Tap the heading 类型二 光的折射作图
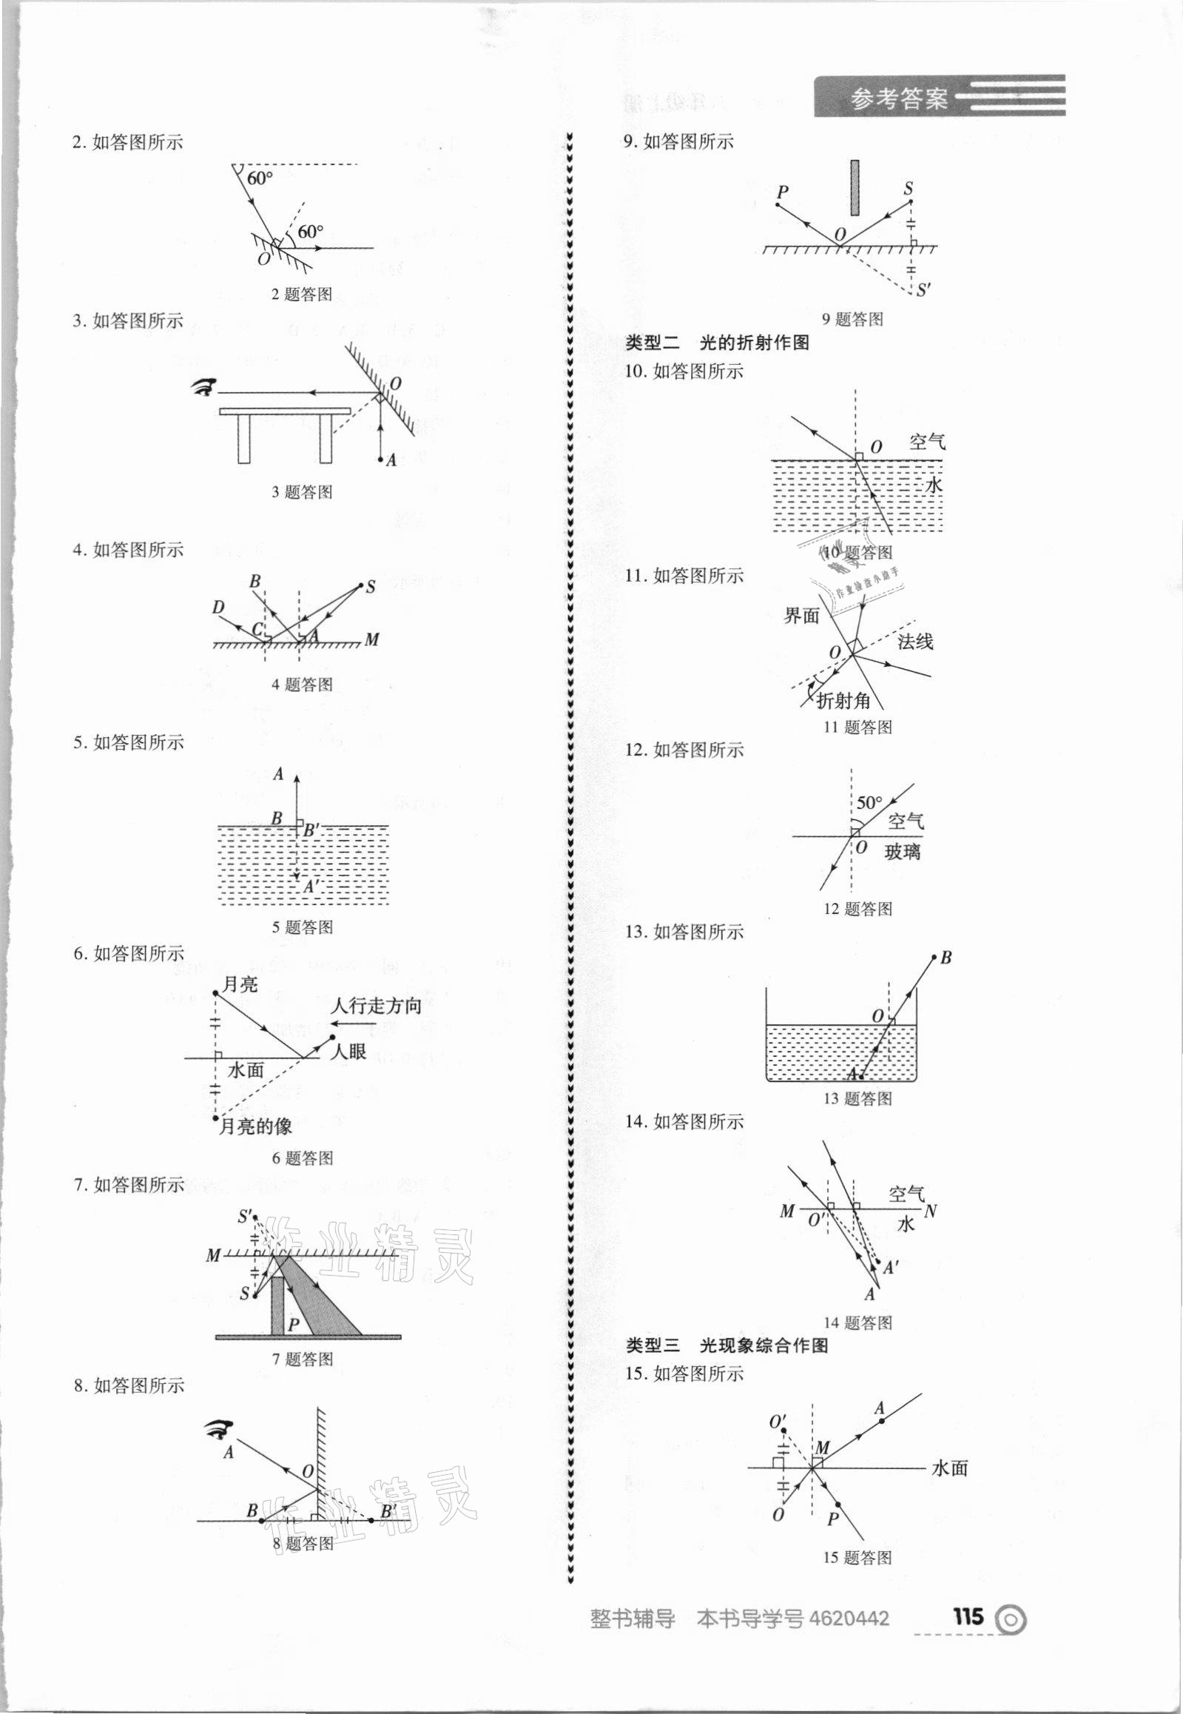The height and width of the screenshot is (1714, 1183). pos(717,343)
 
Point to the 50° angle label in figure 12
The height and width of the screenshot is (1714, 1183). pos(869,803)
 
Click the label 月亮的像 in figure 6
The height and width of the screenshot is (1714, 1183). pos(255,1128)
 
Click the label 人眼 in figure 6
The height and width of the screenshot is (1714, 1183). pos(348,1051)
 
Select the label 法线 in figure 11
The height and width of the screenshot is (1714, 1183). pos(915,642)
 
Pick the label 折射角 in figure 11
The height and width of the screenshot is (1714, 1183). pos(843,700)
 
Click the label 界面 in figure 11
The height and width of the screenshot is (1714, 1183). pos(802,615)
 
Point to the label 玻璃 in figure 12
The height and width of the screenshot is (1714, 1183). pos(902,852)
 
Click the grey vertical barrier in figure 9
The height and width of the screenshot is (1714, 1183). pos(855,187)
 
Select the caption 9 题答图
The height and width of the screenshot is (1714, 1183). pos(852,320)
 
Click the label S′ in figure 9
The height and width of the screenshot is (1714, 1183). pos(923,290)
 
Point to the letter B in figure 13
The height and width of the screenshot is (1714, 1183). pos(946,958)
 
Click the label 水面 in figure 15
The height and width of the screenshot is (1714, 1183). pos(949,1468)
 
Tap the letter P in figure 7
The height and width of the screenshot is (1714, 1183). pos(294,1325)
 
